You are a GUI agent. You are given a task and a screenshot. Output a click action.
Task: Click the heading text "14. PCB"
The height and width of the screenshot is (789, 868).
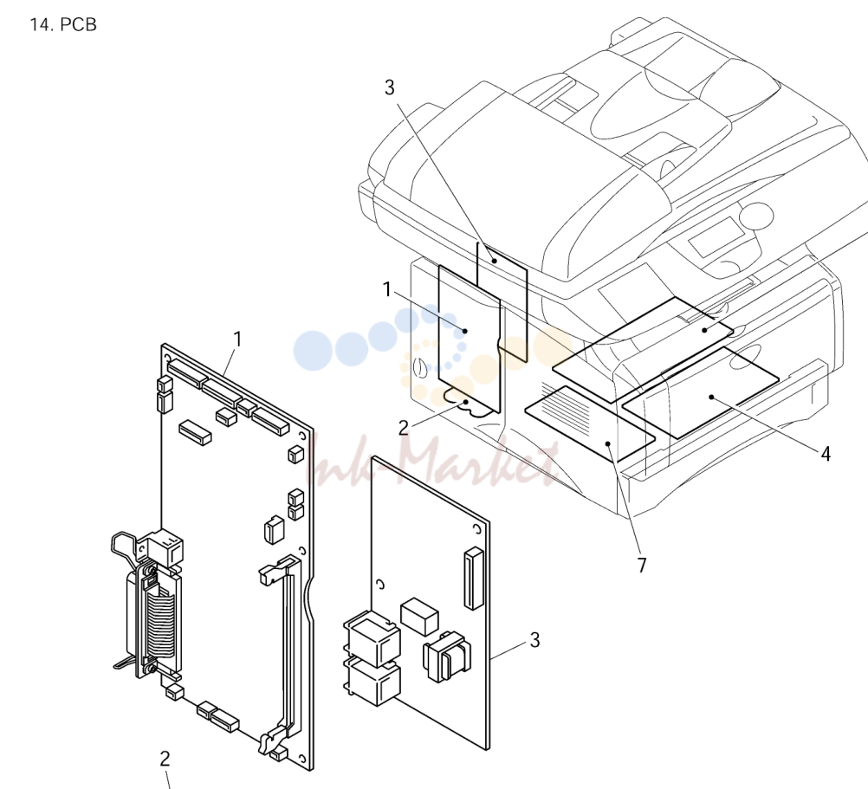click(63, 25)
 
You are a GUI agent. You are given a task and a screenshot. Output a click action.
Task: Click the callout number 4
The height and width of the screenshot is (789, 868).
click(826, 454)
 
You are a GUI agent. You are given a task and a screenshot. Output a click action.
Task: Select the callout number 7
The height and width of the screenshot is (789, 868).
click(642, 566)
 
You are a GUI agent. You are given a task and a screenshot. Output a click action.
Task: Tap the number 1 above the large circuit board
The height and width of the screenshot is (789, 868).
click(238, 340)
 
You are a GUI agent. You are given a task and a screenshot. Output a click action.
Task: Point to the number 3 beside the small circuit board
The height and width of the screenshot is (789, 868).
click(534, 640)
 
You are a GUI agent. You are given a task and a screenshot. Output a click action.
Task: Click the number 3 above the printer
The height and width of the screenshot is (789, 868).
click(390, 87)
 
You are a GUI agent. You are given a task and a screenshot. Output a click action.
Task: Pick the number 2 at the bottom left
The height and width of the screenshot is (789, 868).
click(165, 759)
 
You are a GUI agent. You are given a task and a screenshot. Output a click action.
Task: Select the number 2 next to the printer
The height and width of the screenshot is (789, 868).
click(404, 428)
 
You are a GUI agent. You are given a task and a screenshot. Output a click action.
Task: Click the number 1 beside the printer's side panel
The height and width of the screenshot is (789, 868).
click(387, 289)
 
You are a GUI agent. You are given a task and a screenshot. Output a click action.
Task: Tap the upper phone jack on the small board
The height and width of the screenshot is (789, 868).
click(372, 638)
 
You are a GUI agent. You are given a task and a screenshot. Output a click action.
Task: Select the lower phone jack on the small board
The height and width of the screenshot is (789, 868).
click(372, 681)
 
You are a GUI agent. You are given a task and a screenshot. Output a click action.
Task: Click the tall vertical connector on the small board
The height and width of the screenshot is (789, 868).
click(474, 578)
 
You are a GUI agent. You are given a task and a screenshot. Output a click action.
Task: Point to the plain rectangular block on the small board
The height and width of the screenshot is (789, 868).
click(419, 616)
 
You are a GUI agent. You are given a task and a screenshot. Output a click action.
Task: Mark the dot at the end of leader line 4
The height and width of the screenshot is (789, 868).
click(711, 397)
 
